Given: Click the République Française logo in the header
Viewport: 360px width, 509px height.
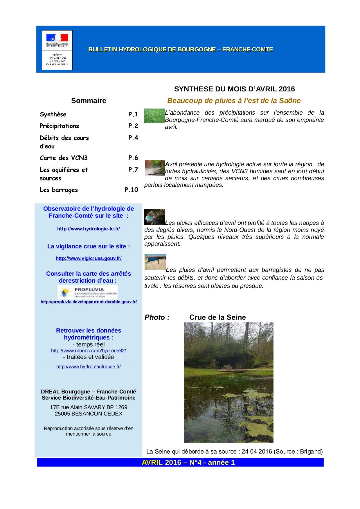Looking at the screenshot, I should point(57,40).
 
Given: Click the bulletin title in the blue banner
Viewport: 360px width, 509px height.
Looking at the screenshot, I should point(181,49).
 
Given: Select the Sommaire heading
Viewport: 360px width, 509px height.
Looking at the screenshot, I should point(89,101).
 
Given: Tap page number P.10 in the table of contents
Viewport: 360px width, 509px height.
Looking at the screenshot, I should point(132,190).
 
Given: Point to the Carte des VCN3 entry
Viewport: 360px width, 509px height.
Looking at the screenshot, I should point(64,158).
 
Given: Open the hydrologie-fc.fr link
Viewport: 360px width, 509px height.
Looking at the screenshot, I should point(89,229).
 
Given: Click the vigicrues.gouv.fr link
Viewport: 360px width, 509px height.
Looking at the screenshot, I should point(89,258).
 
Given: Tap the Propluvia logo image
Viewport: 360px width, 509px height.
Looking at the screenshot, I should point(88,292).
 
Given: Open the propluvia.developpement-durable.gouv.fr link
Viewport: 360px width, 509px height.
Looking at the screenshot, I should point(89,302).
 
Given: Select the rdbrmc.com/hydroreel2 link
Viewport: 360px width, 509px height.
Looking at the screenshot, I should point(89,351).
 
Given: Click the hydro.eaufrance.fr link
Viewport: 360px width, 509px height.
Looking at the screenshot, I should point(89,367).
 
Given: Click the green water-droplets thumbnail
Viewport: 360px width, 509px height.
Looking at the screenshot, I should point(154,116).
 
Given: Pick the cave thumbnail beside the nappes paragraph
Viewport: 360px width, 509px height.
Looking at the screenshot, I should point(154,217).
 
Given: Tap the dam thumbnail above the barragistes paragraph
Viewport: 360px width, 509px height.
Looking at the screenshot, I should point(155,262).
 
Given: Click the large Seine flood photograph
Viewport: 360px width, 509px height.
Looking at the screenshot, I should point(229,382).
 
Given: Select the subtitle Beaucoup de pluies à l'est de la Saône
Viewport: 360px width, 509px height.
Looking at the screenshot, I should point(234,101).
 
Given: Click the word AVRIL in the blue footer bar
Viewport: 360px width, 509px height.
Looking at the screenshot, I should point(152,463).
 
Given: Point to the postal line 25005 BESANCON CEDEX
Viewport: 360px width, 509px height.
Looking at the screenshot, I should point(89,414).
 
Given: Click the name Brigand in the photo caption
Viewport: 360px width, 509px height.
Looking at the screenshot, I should point(312,452).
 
